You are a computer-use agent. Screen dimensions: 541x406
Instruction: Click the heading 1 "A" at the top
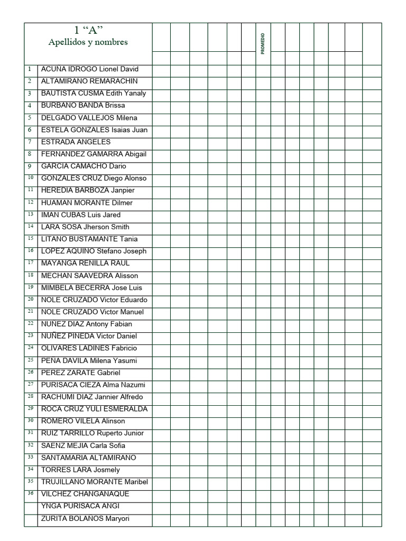coord(88,30)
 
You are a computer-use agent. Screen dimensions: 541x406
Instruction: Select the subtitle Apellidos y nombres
coord(88,42)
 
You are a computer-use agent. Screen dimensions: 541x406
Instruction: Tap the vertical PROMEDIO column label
coord(263,44)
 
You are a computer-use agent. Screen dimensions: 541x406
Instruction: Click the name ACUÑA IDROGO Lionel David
coord(89,69)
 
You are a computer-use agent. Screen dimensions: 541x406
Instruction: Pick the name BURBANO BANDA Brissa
coord(83,105)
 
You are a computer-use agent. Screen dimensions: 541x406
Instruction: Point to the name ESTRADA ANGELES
coord(76,142)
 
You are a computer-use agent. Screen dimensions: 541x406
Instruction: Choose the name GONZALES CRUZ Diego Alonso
coord(94,178)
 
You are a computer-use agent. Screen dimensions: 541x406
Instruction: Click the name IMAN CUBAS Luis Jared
coord(81,214)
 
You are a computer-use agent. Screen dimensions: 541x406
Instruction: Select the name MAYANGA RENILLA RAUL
coord(85,263)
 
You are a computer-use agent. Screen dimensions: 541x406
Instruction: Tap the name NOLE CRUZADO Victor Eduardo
coord(94,300)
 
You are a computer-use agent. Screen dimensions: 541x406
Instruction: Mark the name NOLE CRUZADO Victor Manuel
coord(93,312)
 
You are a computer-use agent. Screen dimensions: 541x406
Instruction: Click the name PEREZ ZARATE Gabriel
coord(80,372)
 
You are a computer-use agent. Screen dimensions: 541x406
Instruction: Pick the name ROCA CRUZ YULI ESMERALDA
coord(94,409)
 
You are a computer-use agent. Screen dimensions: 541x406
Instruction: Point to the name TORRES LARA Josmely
coord(80,470)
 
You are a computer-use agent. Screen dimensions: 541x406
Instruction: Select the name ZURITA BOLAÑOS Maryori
coord(85,518)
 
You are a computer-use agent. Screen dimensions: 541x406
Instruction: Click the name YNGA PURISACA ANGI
coord(80,506)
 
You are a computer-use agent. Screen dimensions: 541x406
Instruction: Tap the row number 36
coord(30,493)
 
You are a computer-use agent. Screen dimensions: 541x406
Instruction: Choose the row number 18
coord(30,275)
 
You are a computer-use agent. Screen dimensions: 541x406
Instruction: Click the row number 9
coord(30,165)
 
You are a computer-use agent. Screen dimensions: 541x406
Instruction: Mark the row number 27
coord(30,384)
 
